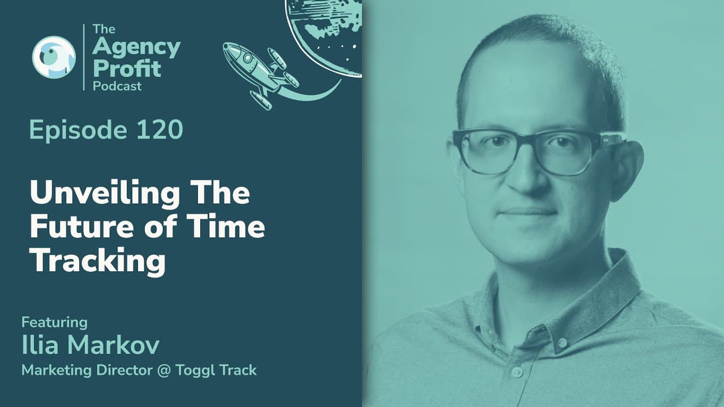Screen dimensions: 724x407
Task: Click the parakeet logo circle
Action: point(54,57)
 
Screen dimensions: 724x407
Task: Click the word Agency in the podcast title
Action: point(136,47)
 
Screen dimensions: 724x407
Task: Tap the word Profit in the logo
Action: point(127,68)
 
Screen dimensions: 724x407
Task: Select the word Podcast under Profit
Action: point(117,86)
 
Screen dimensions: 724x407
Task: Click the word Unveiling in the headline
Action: point(105,193)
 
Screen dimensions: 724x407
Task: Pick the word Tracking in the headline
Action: point(98,262)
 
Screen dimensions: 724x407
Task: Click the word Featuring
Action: point(54,323)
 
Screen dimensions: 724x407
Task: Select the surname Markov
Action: point(113,345)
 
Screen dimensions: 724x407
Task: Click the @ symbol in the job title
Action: point(164,370)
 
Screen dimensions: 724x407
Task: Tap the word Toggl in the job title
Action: point(195,371)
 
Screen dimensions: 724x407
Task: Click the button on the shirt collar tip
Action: point(562,343)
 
